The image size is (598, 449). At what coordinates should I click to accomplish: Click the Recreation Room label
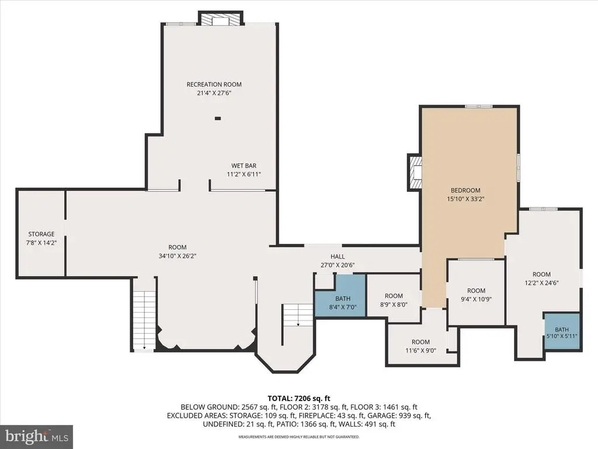point(214,84)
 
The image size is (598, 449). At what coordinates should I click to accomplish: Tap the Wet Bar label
point(244,165)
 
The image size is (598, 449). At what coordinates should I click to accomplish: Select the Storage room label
point(41,234)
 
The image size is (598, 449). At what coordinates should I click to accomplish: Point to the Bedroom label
point(465,190)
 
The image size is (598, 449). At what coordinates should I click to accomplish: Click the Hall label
point(338,257)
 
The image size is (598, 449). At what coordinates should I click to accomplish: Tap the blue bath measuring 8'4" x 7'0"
point(340,295)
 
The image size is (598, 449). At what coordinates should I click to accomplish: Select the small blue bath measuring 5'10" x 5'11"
point(562,331)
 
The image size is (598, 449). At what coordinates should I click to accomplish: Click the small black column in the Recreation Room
point(218,118)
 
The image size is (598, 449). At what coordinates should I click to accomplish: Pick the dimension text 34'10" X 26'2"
point(178,256)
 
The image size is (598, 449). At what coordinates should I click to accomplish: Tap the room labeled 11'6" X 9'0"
point(420,345)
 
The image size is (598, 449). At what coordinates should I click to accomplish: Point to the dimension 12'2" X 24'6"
point(541,283)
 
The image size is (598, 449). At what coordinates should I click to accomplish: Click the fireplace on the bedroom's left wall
point(415,172)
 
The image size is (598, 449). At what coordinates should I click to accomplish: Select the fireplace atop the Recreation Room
point(220,18)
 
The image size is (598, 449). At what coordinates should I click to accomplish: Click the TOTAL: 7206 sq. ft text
point(299,399)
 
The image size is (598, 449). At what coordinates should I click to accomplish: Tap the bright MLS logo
point(37,436)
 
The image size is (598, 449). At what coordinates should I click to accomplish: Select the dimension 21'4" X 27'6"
point(214,93)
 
